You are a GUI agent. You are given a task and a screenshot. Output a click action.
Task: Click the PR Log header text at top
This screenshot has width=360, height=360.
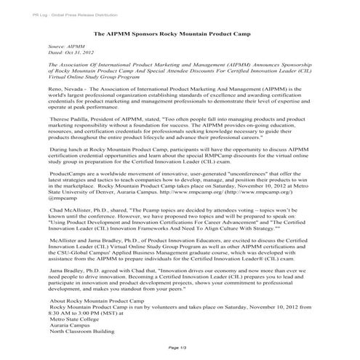pos(55,14)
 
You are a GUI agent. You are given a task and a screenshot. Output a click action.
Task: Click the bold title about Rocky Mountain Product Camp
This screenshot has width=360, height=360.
pos(179,34)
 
